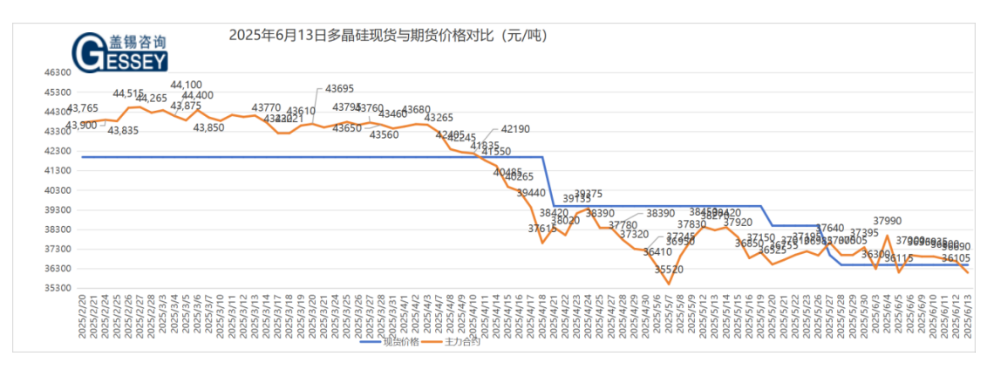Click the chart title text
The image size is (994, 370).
388,36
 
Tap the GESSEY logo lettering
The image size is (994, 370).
120,57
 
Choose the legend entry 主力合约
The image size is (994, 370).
462,341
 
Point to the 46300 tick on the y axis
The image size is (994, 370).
58,72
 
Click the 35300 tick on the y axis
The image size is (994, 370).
58,288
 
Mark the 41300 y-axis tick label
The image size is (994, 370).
58,170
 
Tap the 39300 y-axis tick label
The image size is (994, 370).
58,209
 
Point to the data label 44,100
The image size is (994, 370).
186,85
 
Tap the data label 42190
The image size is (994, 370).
515,129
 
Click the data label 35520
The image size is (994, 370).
669,270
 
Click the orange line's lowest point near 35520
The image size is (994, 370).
669,284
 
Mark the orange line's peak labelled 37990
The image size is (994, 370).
887,236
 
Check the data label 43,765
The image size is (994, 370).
84,108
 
